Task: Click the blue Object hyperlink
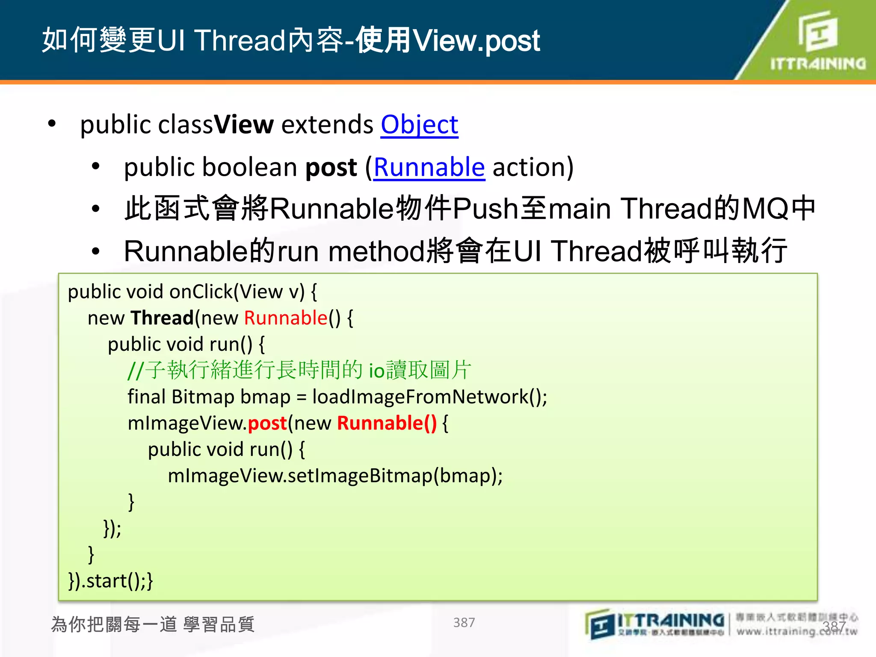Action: tap(419, 125)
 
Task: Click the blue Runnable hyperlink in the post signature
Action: tap(429, 167)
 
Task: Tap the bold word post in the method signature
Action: tap(331, 167)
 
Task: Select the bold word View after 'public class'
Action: tap(243, 125)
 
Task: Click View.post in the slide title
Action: tap(476, 41)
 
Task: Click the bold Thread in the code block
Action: tap(162, 318)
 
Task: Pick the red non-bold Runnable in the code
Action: tap(286, 318)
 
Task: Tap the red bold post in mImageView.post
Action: tap(267, 423)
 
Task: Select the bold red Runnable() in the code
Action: tap(387, 423)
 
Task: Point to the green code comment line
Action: tap(299, 370)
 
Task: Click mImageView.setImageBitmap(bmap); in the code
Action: tap(335, 476)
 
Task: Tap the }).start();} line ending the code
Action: tap(110, 581)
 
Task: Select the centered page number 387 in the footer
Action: tap(464, 623)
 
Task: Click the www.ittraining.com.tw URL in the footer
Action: tap(796, 631)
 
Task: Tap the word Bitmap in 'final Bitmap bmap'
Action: tap(203, 397)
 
